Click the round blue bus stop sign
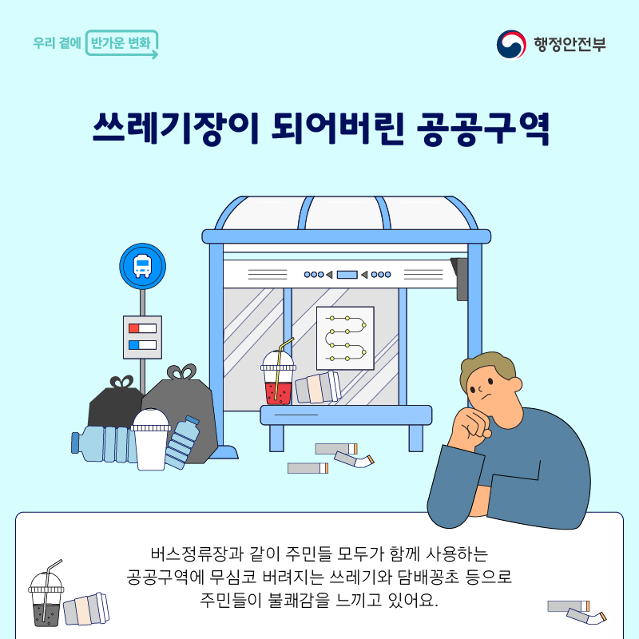pyautogui.click(x=143, y=266)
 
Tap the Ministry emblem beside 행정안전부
pyautogui.click(x=511, y=44)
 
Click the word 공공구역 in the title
pyautogui.click(x=483, y=129)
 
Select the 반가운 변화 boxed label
pyautogui.click(x=121, y=43)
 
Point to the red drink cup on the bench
pyautogui.click(x=278, y=378)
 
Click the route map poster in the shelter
pyautogui.click(x=345, y=338)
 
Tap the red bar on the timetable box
pyautogui.click(x=133, y=328)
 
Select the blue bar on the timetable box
pyautogui.click(x=133, y=345)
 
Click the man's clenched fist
pyautogui.click(x=471, y=427)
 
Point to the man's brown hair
pyautogui.click(x=487, y=367)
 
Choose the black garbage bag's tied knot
pyautogui.click(x=121, y=382)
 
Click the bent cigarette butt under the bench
pyautogui.click(x=354, y=460)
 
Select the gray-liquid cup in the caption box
pyautogui.click(x=46, y=594)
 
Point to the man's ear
pyautogui.click(x=515, y=384)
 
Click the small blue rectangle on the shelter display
pyautogui.click(x=347, y=275)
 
